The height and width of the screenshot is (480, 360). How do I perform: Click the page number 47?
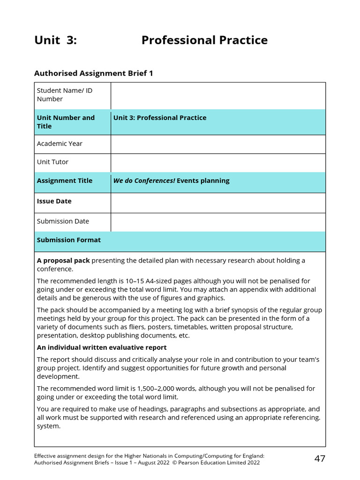320,459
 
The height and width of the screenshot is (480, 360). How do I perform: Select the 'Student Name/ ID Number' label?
65,95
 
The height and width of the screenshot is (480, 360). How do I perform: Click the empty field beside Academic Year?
218,144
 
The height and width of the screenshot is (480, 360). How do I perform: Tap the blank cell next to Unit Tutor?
218,163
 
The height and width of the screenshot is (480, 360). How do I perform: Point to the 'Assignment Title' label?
65,181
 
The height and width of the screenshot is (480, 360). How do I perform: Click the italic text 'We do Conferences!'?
144,181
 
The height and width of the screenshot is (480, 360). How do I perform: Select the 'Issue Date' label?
54,202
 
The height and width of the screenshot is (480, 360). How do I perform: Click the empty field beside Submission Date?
218,222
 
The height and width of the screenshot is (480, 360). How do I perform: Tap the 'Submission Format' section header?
69,240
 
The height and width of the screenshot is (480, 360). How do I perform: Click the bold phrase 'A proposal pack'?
63,261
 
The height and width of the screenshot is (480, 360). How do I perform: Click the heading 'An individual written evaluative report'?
102,348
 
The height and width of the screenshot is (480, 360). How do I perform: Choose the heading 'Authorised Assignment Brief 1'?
94,74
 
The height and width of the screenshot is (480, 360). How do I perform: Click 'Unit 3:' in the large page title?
55,40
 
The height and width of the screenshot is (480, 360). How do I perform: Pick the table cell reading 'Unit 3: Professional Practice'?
160,118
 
